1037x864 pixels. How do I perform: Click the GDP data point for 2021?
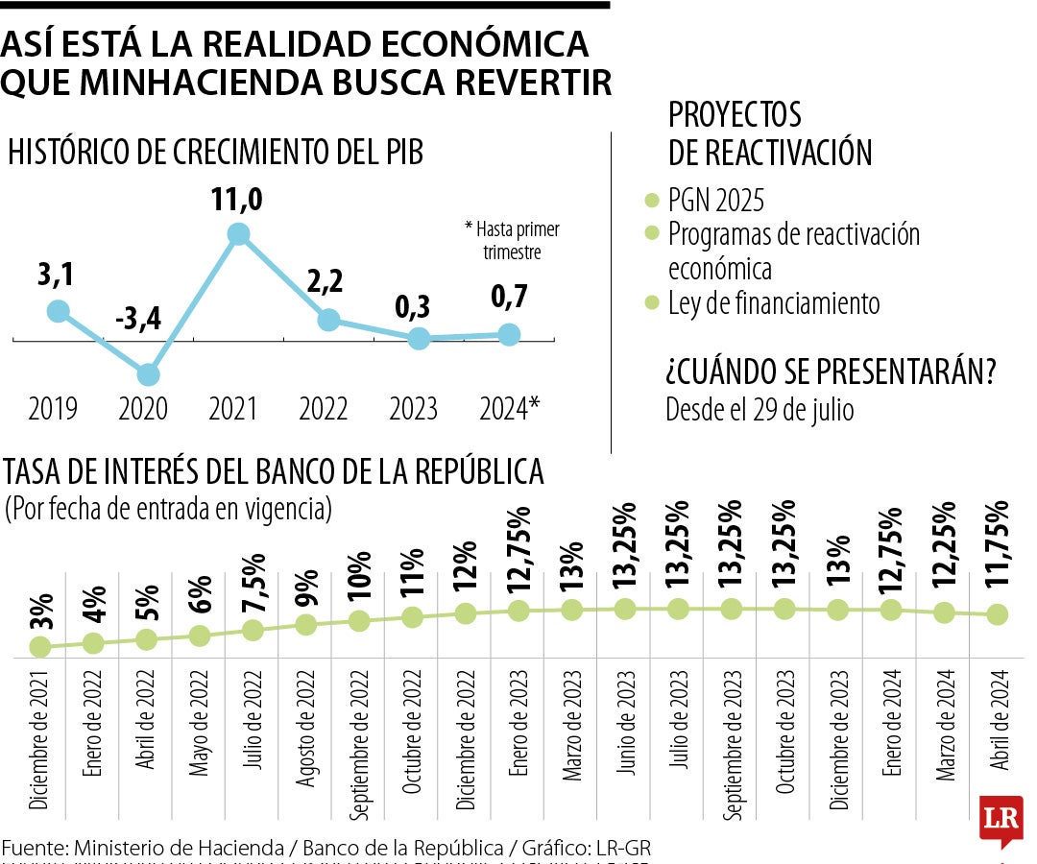tap(238, 234)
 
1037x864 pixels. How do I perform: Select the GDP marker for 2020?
tap(148, 374)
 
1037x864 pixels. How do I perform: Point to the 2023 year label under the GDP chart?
tap(413, 409)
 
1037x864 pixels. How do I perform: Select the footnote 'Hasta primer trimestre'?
tap(513, 241)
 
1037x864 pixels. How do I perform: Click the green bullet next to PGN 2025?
tap(651, 201)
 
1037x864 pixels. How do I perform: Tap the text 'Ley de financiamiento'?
tap(773, 303)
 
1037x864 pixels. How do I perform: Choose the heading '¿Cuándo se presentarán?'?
tap(830, 372)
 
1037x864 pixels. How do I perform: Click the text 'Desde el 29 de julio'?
tap(760, 409)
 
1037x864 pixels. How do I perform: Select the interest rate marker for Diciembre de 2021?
tap(40, 647)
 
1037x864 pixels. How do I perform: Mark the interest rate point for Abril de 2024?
tap(998, 614)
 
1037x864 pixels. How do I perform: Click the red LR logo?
tap(1000, 819)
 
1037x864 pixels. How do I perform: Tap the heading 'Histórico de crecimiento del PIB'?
tap(215, 153)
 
